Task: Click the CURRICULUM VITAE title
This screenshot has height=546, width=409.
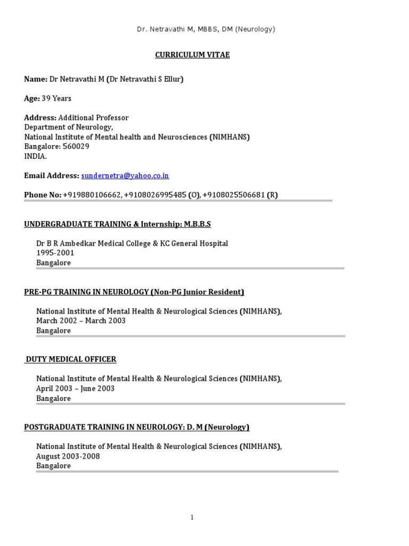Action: pos(192,55)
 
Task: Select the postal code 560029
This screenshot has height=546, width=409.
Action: pos(76,147)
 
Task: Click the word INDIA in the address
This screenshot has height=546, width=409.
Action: pos(35,156)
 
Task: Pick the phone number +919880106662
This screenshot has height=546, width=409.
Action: pos(92,195)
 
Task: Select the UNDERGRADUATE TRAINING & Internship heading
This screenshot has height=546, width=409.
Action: pos(117,224)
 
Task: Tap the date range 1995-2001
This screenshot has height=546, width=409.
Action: pos(55,253)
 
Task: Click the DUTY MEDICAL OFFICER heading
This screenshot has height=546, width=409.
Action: pos(71,359)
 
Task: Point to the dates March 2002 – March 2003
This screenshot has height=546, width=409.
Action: pos(81,321)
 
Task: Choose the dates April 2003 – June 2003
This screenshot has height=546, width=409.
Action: pos(75,389)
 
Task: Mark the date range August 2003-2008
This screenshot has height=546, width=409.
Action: pos(68,456)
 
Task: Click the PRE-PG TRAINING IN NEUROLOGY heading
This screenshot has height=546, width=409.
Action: pos(134,292)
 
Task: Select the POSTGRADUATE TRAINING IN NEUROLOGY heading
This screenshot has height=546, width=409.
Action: pos(137,427)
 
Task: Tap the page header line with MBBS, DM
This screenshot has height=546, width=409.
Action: pos(206,29)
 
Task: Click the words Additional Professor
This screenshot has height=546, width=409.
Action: pos(94,118)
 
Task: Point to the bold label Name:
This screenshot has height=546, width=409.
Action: pos(36,79)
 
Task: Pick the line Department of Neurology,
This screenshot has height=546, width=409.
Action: pos(68,127)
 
